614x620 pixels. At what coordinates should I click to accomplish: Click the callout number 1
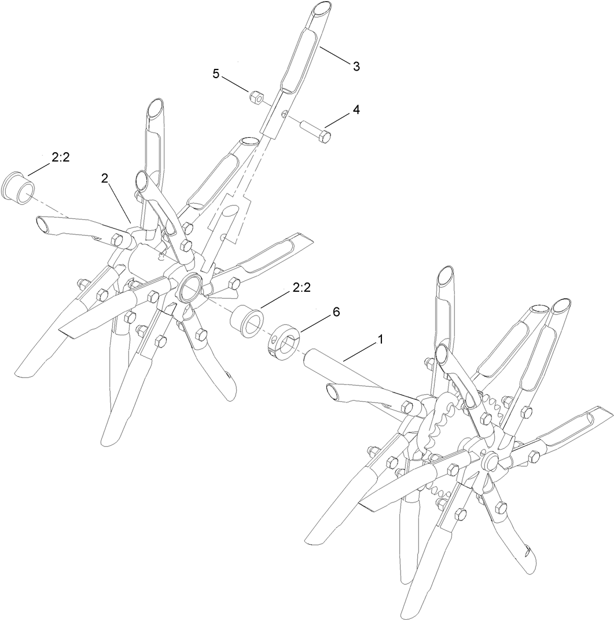click(380, 340)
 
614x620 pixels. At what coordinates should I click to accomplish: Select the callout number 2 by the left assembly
click(105, 179)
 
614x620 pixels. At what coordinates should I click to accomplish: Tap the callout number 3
click(356, 66)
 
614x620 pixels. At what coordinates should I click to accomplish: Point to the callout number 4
click(356, 109)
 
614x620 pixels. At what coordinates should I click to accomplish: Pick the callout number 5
click(216, 74)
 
